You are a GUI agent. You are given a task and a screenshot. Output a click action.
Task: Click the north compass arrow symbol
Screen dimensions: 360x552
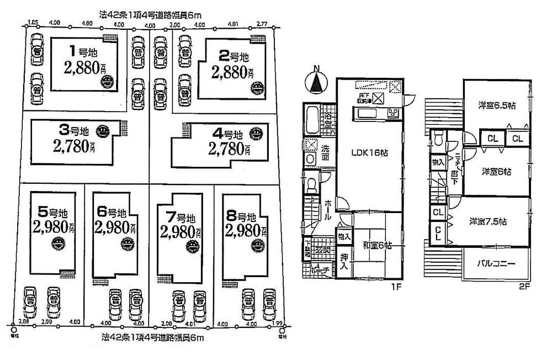(x=316, y=82)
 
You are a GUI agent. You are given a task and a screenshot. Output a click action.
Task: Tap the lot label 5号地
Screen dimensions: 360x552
(x=52, y=211)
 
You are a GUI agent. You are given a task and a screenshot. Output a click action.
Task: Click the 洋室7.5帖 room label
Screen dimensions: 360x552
(x=488, y=221)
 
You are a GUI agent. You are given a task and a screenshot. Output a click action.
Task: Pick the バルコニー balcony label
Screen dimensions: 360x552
(x=496, y=264)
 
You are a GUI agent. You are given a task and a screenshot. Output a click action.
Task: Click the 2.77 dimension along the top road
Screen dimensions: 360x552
(x=262, y=24)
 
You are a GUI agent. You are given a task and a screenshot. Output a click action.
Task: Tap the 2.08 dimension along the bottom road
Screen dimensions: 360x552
(x=23, y=321)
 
